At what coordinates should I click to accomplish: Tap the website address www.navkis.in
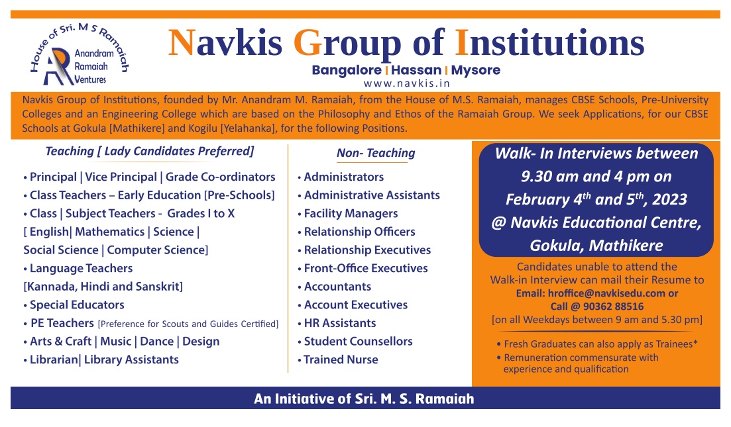coord(406,83)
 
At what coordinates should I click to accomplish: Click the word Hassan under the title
coord(416,70)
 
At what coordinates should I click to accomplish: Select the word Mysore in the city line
coord(476,71)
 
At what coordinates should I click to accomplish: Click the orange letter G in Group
coord(308,43)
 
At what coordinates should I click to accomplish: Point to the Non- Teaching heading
coord(376,153)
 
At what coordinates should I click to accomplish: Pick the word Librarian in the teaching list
coord(54,359)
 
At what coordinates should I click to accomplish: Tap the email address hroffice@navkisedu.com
coord(606,293)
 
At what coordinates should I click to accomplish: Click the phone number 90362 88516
coord(613,307)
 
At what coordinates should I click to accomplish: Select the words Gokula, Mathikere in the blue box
coord(596,246)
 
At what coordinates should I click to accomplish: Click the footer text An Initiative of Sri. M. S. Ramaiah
coord(364,399)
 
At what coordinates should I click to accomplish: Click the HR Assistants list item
coord(340,323)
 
